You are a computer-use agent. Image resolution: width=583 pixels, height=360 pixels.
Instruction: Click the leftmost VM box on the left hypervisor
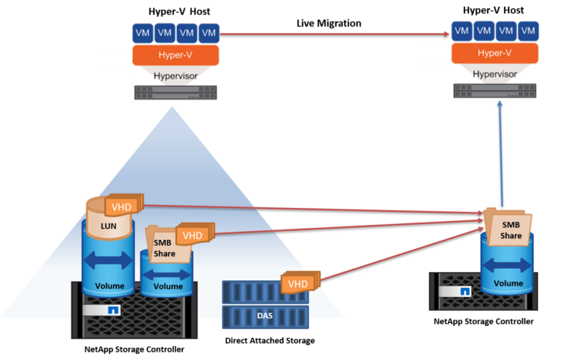pos(142,33)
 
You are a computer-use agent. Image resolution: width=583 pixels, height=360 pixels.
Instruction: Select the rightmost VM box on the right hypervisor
pos(528,31)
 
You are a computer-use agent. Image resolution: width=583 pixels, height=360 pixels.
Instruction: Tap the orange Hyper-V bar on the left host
pos(175,55)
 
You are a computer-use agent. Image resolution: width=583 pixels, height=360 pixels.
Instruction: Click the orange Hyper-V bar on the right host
pos(495,53)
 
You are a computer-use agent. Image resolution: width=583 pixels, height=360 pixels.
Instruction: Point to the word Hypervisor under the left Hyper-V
pos(175,77)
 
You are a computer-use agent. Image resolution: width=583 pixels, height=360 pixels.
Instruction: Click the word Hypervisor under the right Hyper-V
pos(495,74)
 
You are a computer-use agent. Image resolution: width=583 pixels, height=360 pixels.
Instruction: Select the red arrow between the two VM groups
pos(334,33)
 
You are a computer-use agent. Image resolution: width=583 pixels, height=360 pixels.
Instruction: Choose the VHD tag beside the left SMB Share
pos(192,235)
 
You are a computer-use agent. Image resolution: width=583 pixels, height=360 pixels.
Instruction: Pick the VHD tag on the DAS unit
pos(298,283)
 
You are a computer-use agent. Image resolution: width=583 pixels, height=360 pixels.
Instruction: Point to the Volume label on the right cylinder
pos(508,283)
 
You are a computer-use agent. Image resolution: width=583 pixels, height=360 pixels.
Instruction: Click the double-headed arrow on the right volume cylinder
pos(508,264)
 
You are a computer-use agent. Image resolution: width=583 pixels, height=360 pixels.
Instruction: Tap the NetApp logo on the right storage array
pos(464,291)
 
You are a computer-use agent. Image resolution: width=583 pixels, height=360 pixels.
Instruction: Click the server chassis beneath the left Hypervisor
pos(175,93)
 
